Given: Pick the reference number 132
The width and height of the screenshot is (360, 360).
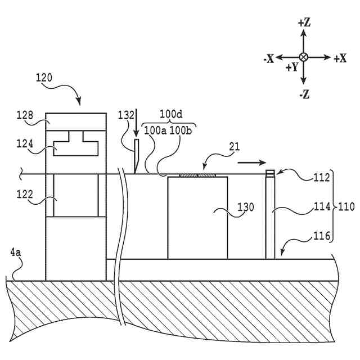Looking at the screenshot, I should point(127,115).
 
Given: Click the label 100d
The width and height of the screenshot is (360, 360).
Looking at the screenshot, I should point(171,115).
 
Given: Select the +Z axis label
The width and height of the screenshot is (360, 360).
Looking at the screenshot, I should point(304,23).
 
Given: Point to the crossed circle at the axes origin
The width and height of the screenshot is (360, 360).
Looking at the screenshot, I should point(304,57).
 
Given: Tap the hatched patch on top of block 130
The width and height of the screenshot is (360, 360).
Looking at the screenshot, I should point(197,175).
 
